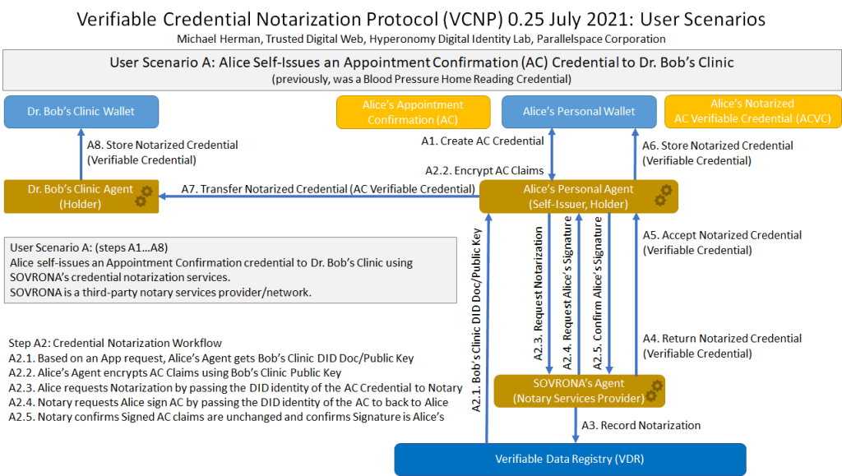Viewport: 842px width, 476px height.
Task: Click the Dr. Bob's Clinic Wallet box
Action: tap(80, 112)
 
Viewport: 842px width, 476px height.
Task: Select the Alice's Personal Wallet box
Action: tap(579, 112)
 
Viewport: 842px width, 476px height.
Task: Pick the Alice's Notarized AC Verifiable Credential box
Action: tap(752, 112)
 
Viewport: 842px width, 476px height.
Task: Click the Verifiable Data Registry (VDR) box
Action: tap(570, 460)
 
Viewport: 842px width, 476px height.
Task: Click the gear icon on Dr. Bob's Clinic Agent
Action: tap(144, 196)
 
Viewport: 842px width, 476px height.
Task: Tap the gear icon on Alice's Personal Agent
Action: tap(663, 196)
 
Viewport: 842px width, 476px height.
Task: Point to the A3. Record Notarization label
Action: tap(641, 426)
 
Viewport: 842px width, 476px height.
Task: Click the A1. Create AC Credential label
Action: tap(482, 141)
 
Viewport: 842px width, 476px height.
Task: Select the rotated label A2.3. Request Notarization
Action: tap(539, 294)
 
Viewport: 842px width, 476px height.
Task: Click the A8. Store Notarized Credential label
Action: tap(162, 152)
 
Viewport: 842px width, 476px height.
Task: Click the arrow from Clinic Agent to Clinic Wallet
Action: tap(81, 154)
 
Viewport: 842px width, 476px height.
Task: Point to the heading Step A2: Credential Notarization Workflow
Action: tap(115, 343)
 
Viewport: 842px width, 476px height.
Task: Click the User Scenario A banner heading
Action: tap(421, 62)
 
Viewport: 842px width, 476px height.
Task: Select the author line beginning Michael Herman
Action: tap(421, 39)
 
